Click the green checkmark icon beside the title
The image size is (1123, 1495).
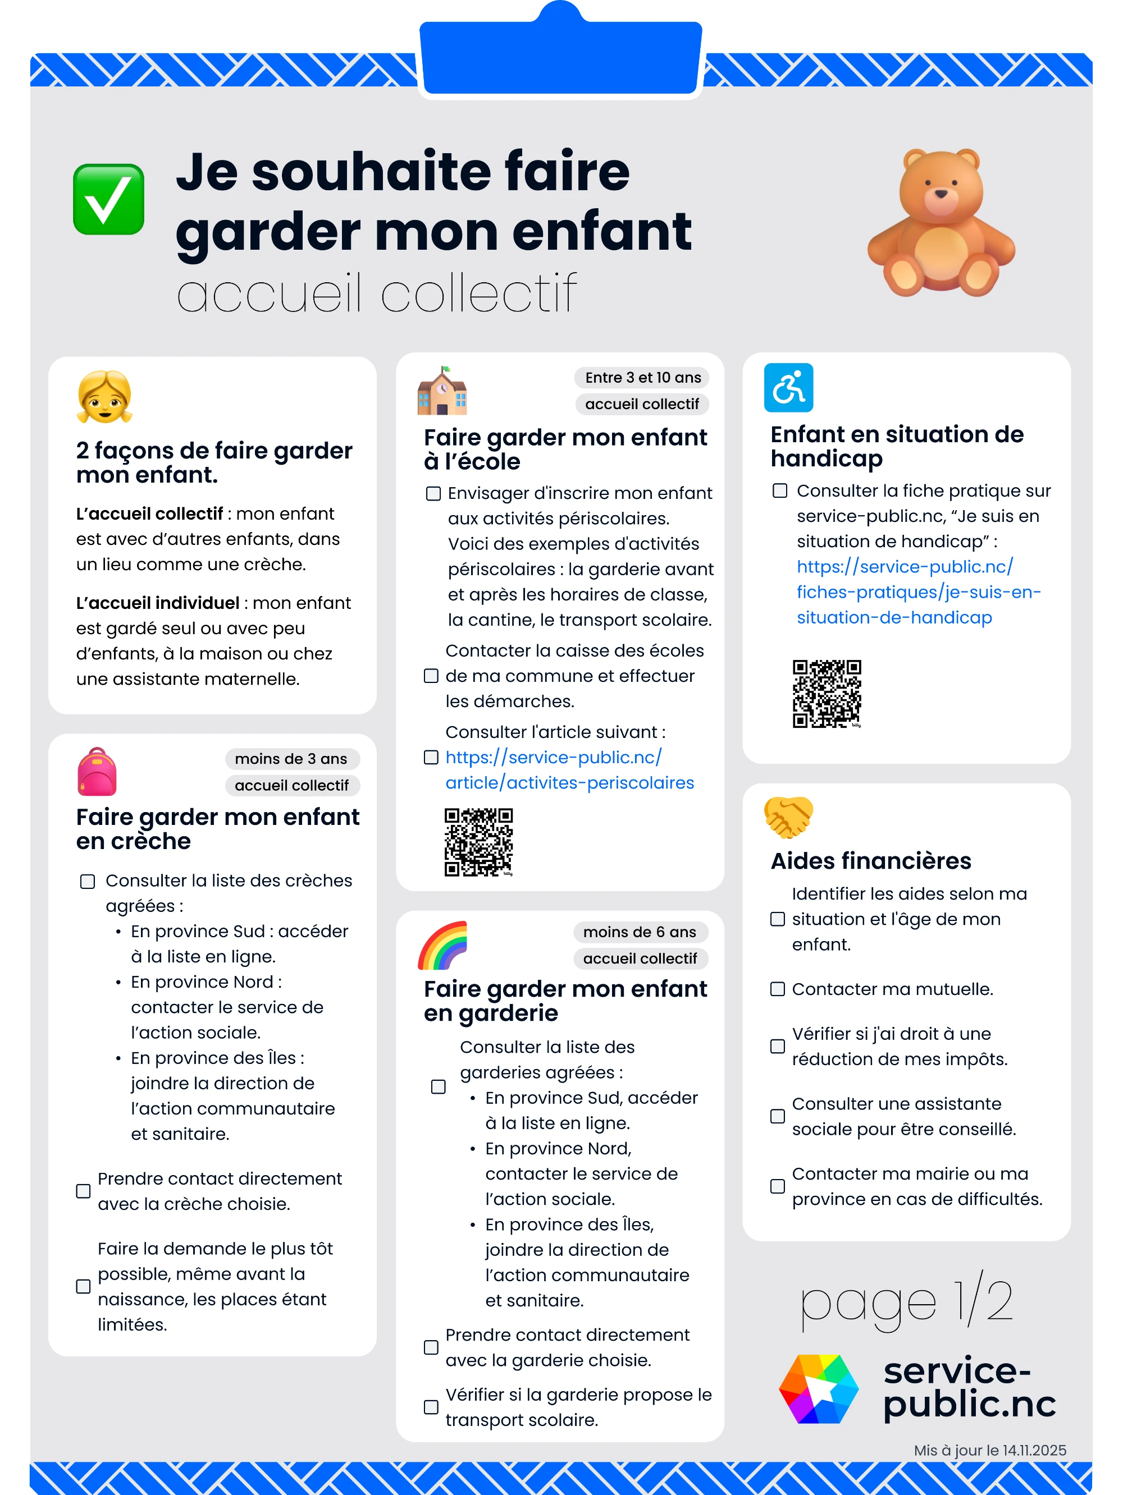[x=108, y=199]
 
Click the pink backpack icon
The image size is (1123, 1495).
[x=97, y=772]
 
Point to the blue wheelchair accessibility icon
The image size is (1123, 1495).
[x=788, y=388]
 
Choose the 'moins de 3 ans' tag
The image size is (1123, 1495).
[x=291, y=758]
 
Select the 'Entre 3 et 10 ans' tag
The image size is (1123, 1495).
[x=642, y=377]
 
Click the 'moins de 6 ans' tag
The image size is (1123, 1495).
[x=640, y=932]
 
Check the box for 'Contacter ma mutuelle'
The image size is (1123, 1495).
[x=778, y=989]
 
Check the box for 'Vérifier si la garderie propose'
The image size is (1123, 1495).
[x=431, y=1407]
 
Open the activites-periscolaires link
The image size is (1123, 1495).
[x=569, y=770]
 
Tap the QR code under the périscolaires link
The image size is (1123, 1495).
[x=478, y=842]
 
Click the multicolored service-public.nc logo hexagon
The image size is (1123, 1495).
[x=819, y=1389]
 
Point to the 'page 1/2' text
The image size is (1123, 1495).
[x=906, y=1302]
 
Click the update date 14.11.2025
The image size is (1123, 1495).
[x=1034, y=1451]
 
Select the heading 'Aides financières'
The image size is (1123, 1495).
[x=871, y=861]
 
